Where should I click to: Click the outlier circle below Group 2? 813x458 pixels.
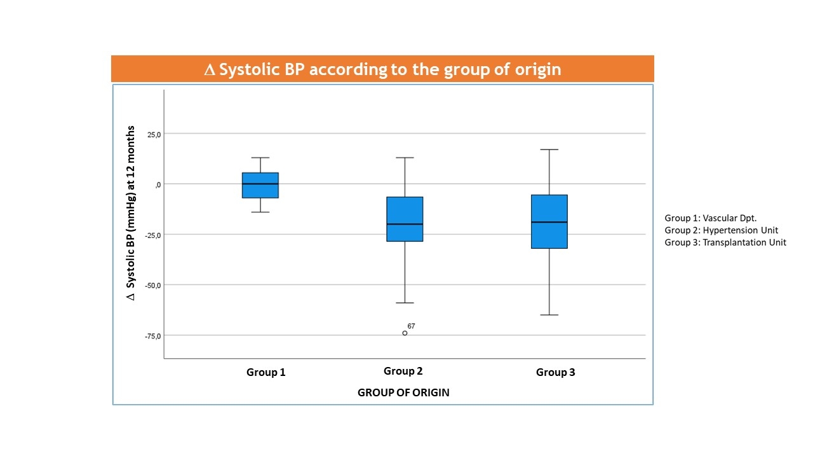tap(405, 333)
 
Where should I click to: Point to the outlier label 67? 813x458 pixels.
tap(412, 326)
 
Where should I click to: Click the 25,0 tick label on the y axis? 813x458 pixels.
tap(154, 134)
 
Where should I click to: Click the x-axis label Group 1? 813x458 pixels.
tap(266, 372)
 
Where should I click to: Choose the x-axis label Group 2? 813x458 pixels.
tap(403, 371)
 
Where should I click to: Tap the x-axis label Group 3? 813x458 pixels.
tap(556, 372)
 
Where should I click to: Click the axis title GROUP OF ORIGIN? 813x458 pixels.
tap(403, 392)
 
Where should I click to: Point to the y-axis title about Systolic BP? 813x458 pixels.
tap(131, 213)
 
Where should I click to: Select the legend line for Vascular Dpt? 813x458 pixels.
tap(711, 218)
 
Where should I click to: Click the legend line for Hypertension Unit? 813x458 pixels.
tap(722, 230)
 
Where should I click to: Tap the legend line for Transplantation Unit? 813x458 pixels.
tap(725, 242)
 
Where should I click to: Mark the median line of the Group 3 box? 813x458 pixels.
tap(549, 222)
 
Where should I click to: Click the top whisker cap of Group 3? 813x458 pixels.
tap(549, 149)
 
